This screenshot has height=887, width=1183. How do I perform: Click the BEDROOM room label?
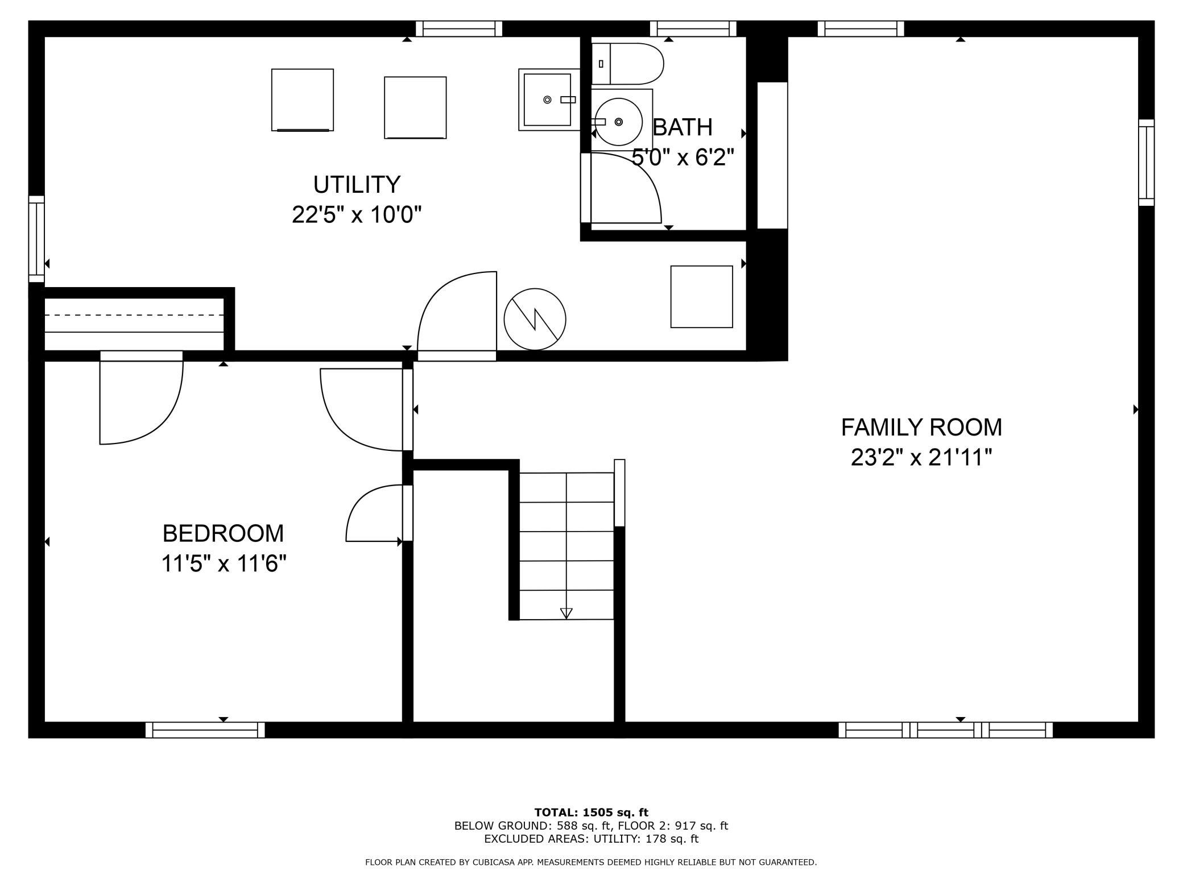223,533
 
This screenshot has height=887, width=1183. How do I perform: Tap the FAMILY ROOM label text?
921,427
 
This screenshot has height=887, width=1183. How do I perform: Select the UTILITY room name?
357,184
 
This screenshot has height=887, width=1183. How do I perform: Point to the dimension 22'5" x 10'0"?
357,215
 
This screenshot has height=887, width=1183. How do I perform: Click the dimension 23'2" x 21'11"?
921,458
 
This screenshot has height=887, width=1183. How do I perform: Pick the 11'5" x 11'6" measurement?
224,564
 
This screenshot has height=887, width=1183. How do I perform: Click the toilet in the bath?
627,64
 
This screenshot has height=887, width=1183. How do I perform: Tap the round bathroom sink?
619,121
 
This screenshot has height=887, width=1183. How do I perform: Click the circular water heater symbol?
535,319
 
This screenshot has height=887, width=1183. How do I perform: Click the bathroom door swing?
626,188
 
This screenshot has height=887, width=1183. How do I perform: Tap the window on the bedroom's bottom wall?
205,730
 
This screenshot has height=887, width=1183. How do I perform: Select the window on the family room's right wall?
1146,163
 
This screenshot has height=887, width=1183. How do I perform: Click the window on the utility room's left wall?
36,239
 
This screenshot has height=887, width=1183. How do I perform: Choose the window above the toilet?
693,28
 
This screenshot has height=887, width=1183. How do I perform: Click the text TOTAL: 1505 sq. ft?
591,813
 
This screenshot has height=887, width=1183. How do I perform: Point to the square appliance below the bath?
701,297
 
